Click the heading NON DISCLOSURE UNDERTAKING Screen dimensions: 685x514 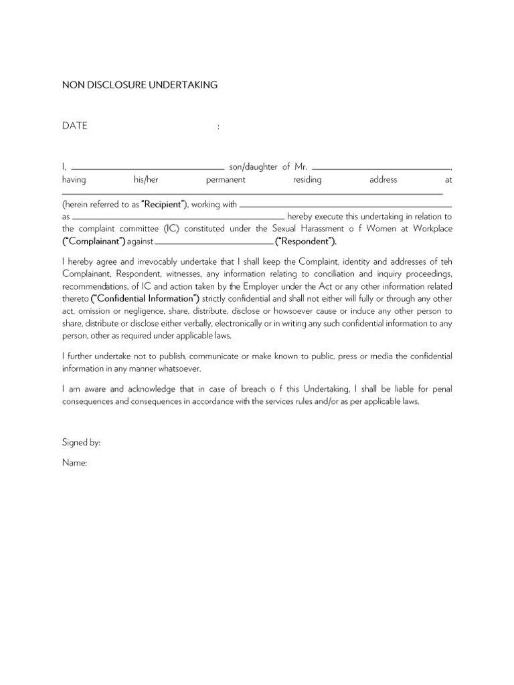coord(140,85)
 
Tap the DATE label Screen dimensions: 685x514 coord(75,126)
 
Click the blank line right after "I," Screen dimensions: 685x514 coord(147,169)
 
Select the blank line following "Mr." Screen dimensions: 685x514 coord(381,169)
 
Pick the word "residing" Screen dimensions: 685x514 coord(307,180)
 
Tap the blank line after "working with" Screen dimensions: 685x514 coord(345,206)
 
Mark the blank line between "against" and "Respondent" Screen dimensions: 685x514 coord(214,242)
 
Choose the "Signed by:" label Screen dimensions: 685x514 coord(81,443)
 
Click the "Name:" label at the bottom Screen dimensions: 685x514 coord(75,463)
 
